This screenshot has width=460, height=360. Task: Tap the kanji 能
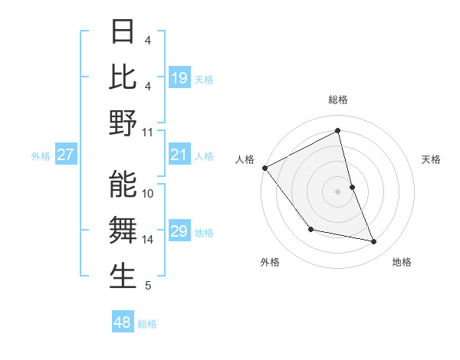123,184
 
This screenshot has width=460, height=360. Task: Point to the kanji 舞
123,230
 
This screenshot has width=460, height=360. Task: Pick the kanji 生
123,277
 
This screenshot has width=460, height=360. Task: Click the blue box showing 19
179,78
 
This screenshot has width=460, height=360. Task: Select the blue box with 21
179,155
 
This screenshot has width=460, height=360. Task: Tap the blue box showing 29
179,232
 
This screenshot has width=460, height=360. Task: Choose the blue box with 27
66,155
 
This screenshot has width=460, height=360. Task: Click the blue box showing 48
123,322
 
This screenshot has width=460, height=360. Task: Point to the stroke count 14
148,240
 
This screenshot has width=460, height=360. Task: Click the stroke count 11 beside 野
148,132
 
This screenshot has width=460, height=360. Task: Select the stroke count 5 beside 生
148,286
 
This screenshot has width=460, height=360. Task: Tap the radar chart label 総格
338,100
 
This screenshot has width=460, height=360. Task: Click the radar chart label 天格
432,159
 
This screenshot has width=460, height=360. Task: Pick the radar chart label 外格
270,262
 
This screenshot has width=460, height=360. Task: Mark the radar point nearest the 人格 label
264,167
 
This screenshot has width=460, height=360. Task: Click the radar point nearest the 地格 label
374,242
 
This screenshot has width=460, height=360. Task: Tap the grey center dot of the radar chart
338,191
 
